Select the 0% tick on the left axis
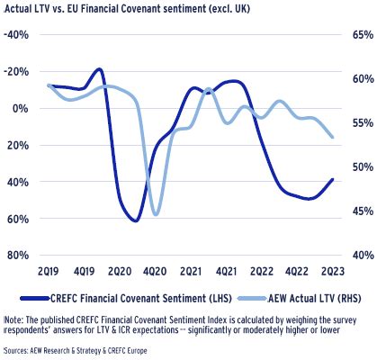point(22,108)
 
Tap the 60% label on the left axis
point(19,218)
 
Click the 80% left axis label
point(19,255)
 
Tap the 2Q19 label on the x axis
point(48,270)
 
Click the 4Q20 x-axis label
point(154,270)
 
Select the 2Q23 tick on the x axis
point(333,270)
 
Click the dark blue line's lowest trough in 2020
point(135,220)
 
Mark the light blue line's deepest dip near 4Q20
point(157,214)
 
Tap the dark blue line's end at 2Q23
point(333,179)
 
